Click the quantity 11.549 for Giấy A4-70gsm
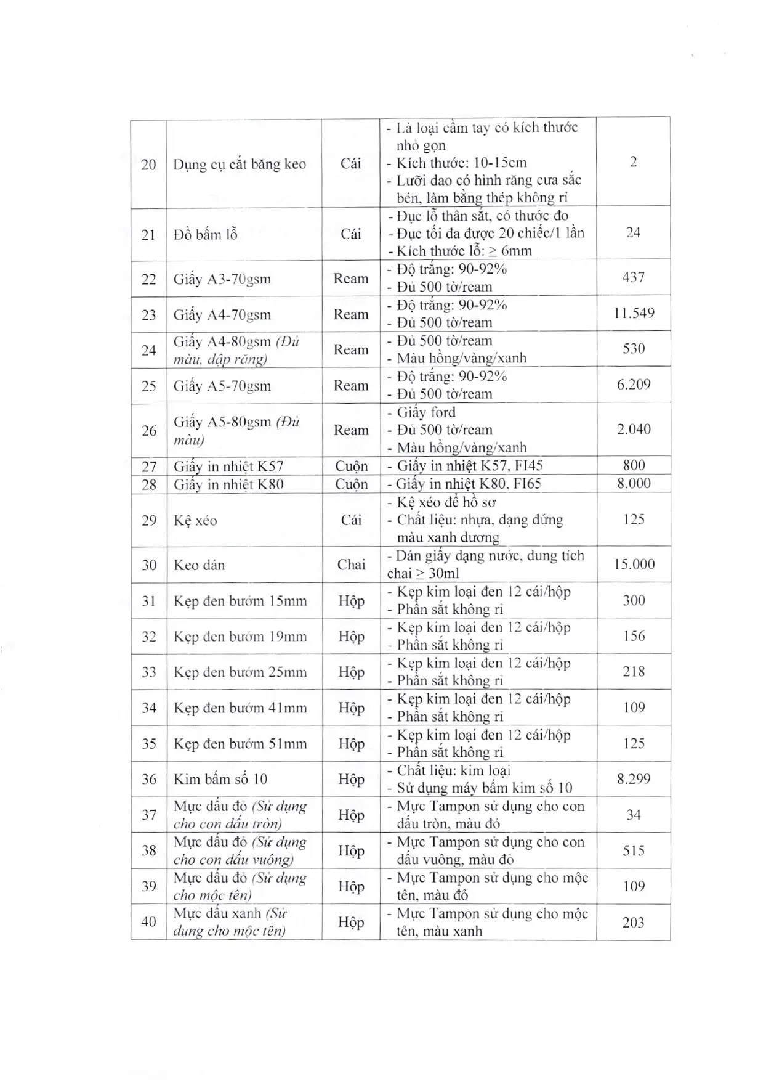pos(633,313)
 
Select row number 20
pos(148,165)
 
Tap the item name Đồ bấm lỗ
pos(205,235)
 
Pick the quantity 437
pos(633,277)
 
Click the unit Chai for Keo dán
pos(351,565)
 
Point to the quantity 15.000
pos(634,565)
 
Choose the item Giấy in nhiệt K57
pos(228,467)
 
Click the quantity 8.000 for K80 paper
pos(634,484)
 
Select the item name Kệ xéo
pos(195,521)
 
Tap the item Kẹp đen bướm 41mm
pos(240,708)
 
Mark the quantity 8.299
pos(634,779)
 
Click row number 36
pos(149,779)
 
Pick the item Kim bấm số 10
pos(220,779)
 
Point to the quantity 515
pos(634,850)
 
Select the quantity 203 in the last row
pos(634,922)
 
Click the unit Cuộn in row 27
pos(351,467)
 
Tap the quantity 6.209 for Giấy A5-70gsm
pos(634,385)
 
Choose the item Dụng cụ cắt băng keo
pos(240,165)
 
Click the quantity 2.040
pos(634,430)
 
